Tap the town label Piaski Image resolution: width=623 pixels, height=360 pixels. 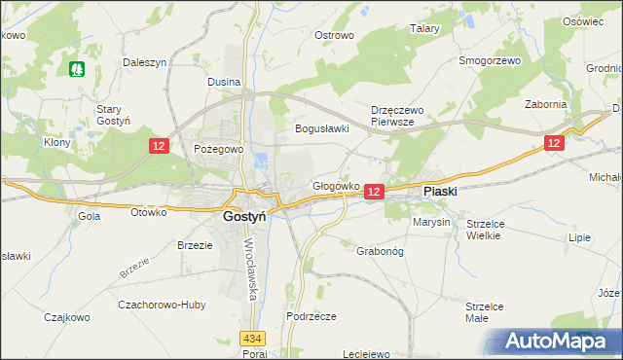pos(440,192)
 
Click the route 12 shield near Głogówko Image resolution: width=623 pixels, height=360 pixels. pos(375,193)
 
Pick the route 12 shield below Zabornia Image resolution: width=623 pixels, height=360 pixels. pos(554,142)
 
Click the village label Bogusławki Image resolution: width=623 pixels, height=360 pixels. pos(322,128)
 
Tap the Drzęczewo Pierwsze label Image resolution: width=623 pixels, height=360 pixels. pos(393,117)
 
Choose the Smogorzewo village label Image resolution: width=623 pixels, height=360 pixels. pos(490,60)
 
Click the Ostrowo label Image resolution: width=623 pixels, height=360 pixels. pos(333,35)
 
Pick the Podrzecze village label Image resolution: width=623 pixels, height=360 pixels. pos(311,316)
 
